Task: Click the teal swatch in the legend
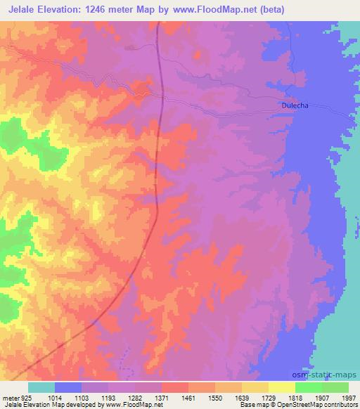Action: click(x=41, y=388)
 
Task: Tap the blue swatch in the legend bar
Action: click(x=68, y=388)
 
